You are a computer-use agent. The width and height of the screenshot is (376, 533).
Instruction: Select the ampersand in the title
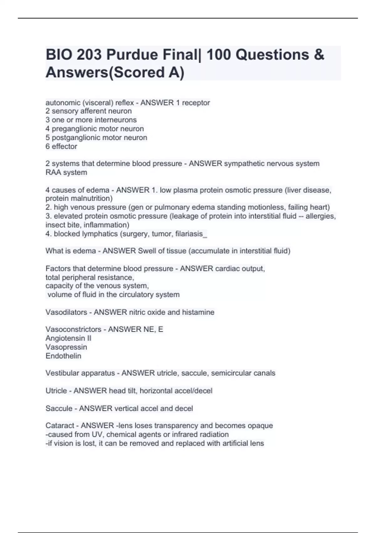coord(318,55)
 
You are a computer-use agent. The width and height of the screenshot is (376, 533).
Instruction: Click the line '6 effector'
coord(61,146)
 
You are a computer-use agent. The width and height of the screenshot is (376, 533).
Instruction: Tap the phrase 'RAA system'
coord(66,172)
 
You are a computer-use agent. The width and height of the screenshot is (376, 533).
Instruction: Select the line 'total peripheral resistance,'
coord(90,277)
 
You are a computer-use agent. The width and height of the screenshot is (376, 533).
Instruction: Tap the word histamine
coord(198,312)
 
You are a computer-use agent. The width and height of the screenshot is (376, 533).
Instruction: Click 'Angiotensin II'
coord(68,338)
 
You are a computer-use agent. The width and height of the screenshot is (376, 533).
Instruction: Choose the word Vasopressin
coord(66,347)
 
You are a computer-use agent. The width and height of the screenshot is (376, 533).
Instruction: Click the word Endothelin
coord(63,356)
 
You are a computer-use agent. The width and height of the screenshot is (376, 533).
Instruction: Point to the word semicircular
coord(231,373)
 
